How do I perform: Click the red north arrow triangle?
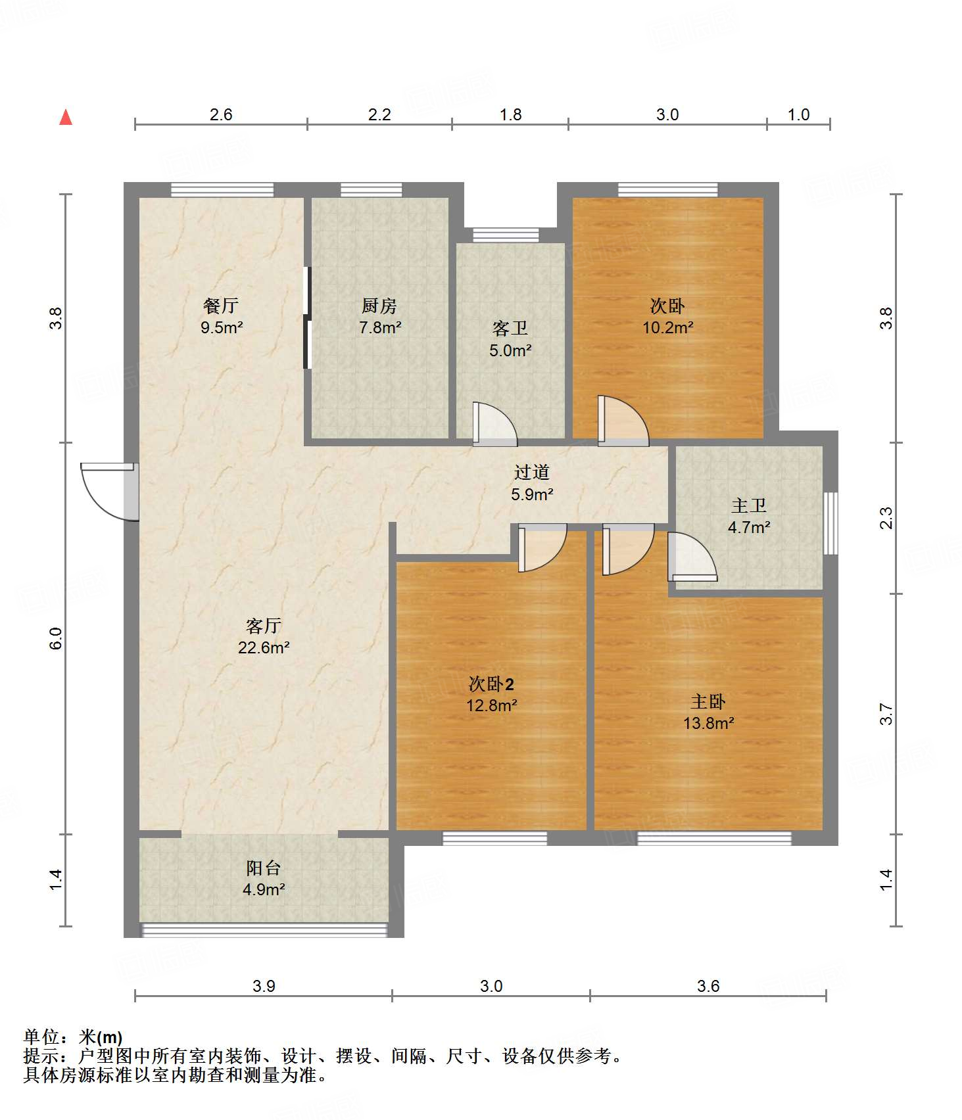(x=66, y=117)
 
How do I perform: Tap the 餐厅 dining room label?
(x=221, y=306)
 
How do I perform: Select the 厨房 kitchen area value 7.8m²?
(x=380, y=327)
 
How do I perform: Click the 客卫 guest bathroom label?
(x=510, y=329)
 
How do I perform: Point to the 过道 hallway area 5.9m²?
(x=532, y=494)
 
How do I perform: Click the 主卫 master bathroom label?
(x=749, y=505)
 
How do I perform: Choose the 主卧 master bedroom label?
(x=708, y=701)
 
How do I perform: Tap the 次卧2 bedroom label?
(x=491, y=684)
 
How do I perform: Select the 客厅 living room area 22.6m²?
(x=264, y=647)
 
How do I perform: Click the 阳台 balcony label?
(x=264, y=868)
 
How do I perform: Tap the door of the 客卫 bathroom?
(x=494, y=424)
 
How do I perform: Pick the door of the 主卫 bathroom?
(x=692, y=557)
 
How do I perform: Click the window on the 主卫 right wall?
(x=831, y=523)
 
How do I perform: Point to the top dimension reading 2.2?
(x=379, y=114)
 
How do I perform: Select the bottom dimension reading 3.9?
(x=264, y=986)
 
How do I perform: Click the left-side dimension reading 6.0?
(x=56, y=638)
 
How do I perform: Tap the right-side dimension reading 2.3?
(x=886, y=518)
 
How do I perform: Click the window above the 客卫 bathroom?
(x=506, y=235)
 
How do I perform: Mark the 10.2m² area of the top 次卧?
(x=668, y=327)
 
